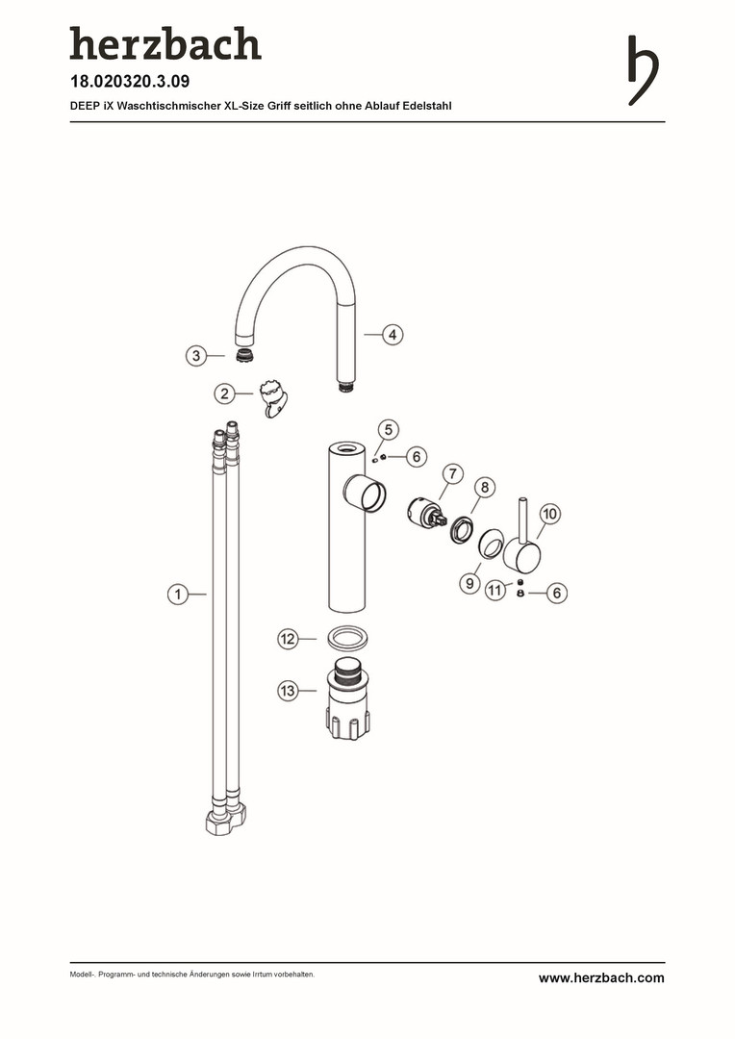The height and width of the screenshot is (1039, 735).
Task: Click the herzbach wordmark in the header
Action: pyautogui.click(x=165, y=43)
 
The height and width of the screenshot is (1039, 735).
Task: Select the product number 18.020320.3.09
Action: pyautogui.click(x=130, y=82)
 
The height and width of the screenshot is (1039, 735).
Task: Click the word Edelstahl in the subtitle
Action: pyautogui.click(x=427, y=106)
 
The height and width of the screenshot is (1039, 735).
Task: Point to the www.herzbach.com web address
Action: pyautogui.click(x=601, y=978)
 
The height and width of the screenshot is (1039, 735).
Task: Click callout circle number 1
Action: pyautogui.click(x=178, y=595)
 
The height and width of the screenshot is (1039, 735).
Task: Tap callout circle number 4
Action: pyautogui.click(x=393, y=335)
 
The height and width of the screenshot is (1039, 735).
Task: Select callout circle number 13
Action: pyautogui.click(x=288, y=691)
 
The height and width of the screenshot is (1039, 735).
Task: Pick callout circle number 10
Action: pyautogui.click(x=550, y=514)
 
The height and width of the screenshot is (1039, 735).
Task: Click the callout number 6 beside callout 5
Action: pyautogui.click(x=417, y=457)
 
